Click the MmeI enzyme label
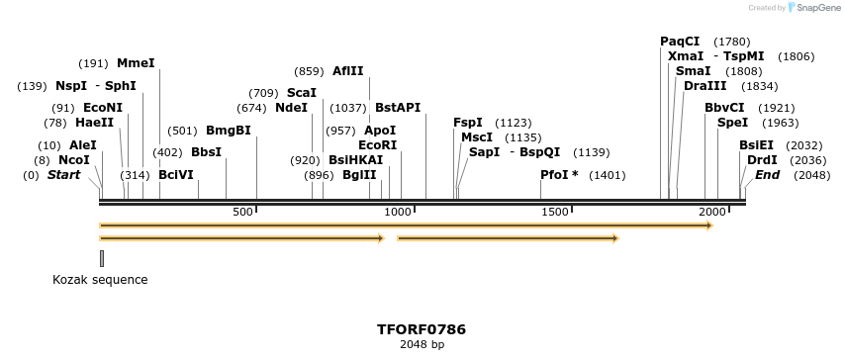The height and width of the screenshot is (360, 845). (136, 63)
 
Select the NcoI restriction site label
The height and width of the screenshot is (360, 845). (74, 159)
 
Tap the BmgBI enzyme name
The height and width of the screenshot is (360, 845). (228, 131)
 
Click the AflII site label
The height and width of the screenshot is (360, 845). (348, 71)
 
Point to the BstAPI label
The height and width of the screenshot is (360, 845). (398, 108)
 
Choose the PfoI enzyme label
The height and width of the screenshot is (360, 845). (559, 175)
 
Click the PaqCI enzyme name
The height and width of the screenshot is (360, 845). (680, 42)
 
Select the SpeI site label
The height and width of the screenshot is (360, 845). (732, 123)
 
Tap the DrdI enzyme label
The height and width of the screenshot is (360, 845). (762, 159)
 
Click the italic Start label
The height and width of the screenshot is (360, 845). (64, 175)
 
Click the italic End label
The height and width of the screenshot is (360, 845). (768, 175)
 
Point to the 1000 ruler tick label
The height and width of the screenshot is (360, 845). (398, 213)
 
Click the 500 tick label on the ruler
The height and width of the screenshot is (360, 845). (242, 213)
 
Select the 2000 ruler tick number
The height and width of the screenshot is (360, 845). (711, 213)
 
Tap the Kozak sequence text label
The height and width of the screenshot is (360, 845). (100, 280)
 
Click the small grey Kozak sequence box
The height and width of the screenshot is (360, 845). (101, 258)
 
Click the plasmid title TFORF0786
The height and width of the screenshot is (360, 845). (422, 329)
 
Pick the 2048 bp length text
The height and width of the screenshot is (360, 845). (422, 345)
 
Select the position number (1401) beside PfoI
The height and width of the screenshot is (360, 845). (608, 175)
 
